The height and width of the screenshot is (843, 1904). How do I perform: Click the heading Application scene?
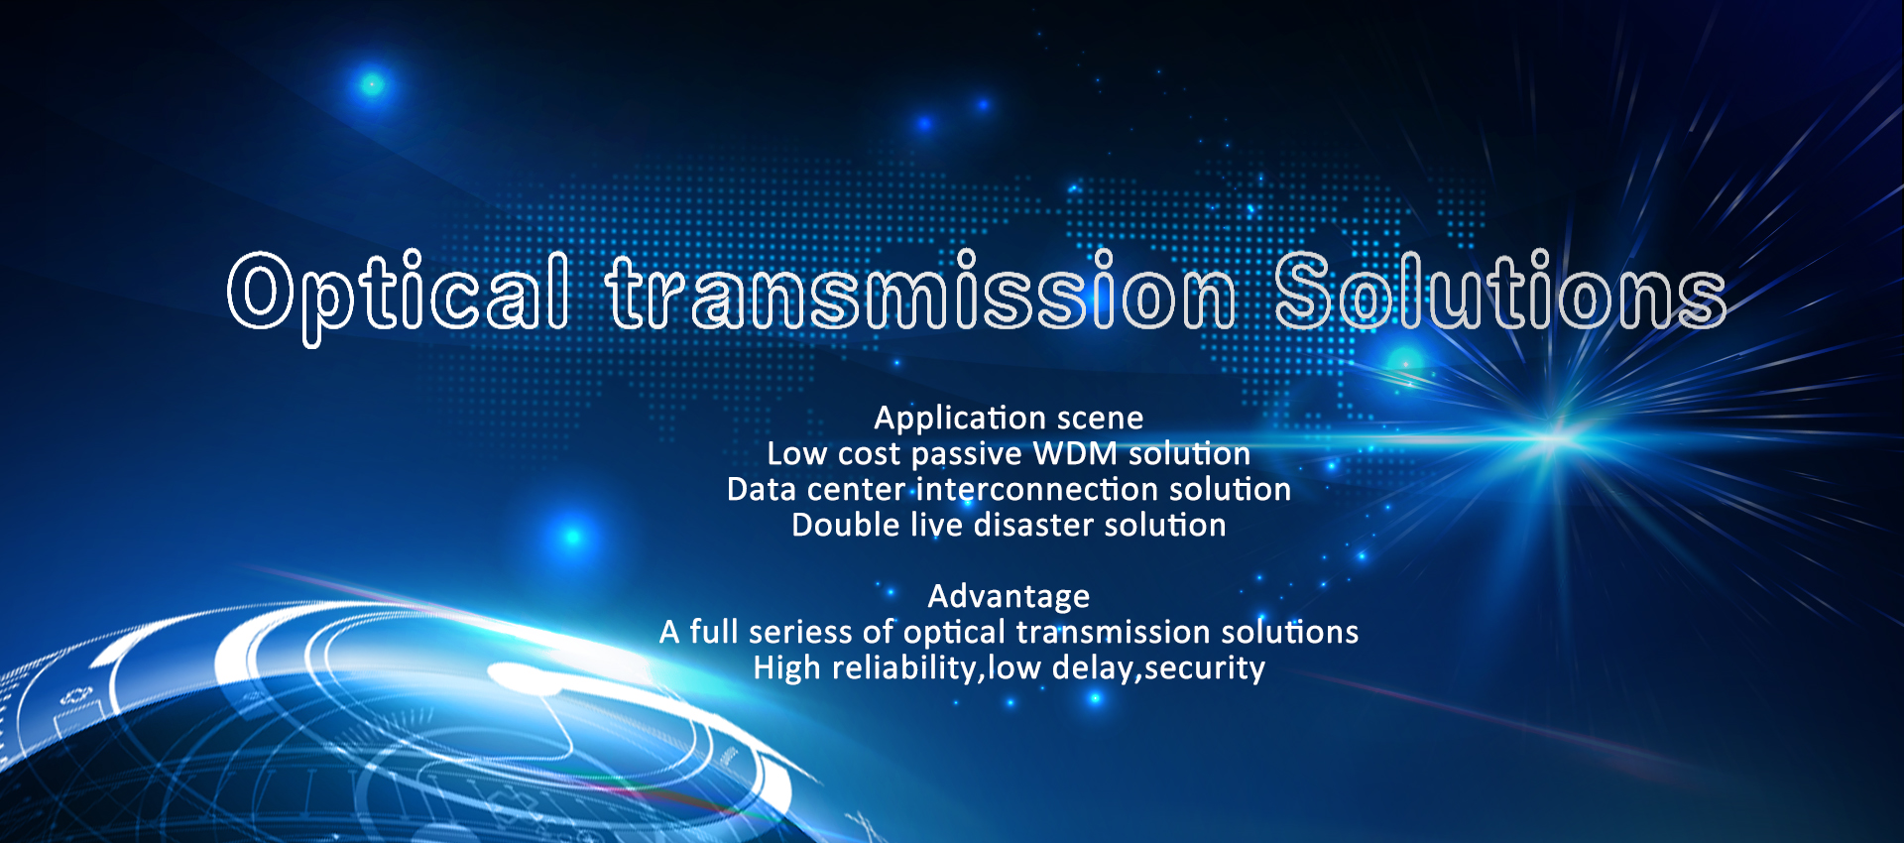[1009, 418]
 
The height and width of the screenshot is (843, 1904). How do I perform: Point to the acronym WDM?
[1075, 453]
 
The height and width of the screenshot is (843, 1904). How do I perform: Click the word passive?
[966, 455]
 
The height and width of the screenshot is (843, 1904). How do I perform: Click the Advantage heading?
[1009, 597]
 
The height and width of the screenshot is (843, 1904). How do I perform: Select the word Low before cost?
[796, 453]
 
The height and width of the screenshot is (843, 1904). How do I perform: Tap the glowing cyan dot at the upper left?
[372, 84]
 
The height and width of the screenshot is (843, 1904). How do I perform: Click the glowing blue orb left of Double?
[572, 537]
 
